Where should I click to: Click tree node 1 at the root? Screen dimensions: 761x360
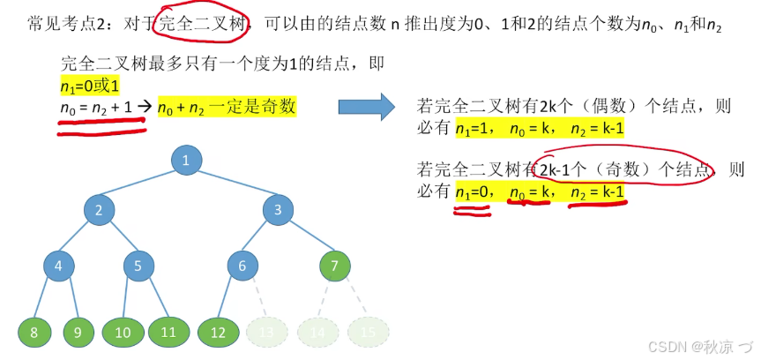[185, 160]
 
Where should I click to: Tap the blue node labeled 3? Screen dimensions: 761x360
[278, 209]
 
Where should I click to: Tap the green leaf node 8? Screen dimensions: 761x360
[34, 333]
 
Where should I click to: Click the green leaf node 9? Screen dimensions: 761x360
[78, 333]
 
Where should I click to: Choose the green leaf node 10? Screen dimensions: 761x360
[123, 333]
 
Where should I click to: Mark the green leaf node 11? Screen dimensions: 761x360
[168, 333]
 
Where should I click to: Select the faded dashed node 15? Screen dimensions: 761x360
[368, 333]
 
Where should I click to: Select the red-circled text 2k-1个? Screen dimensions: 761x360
[566, 169]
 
